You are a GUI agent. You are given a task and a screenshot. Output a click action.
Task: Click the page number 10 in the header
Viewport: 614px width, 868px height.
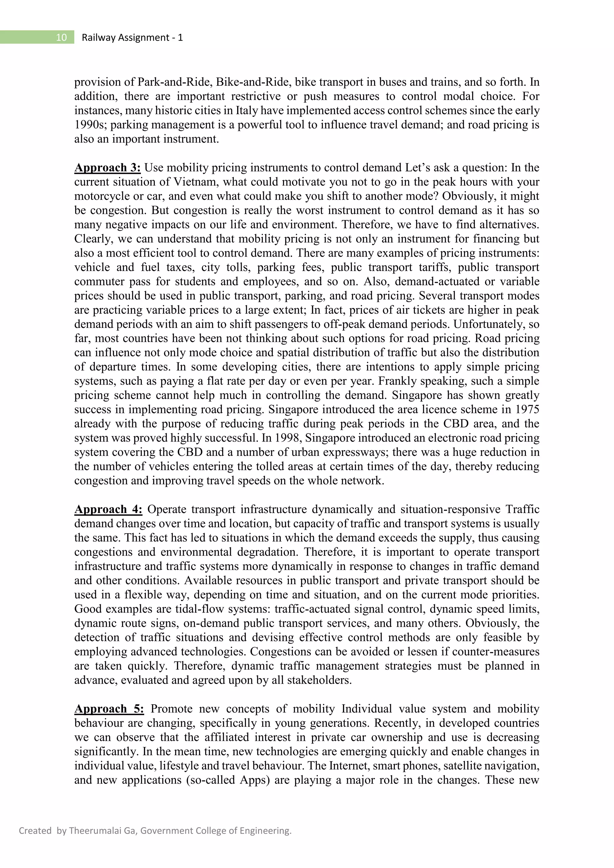tap(61, 37)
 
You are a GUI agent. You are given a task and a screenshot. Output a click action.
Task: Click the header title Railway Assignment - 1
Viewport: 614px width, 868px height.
tap(132, 37)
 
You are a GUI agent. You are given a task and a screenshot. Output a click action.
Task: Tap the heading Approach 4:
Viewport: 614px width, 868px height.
tap(108, 509)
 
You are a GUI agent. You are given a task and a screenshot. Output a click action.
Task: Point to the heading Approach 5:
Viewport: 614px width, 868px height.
tap(109, 709)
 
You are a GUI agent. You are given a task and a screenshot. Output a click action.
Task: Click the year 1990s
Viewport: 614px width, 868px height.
tap(90, 125)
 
